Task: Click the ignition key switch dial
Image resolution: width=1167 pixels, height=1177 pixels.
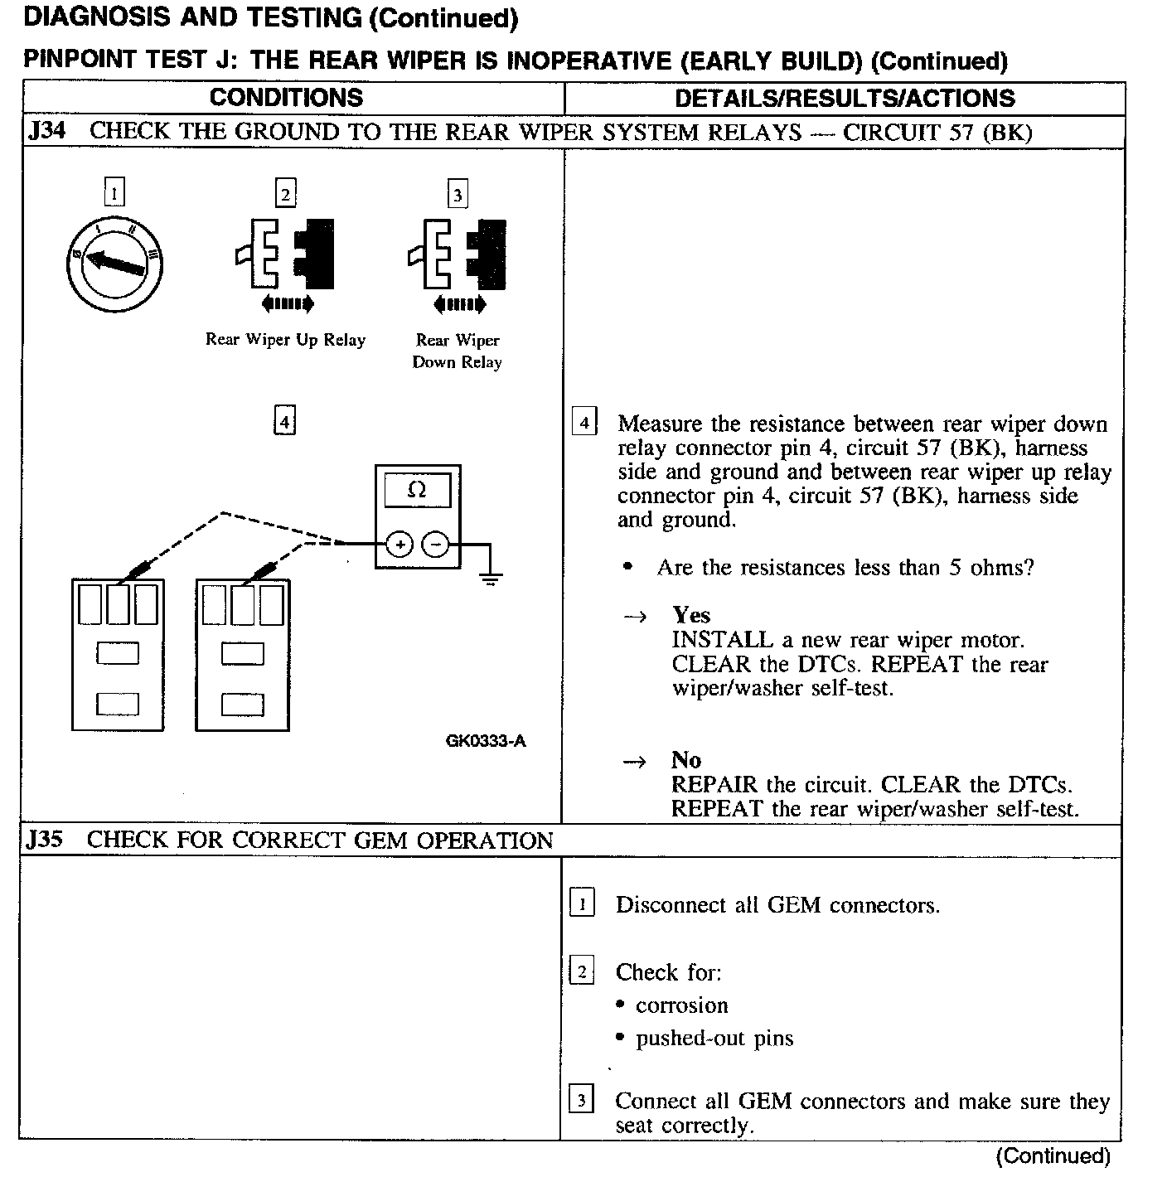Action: click(x=114, y=262)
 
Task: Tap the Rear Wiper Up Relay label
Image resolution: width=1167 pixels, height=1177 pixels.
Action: click(x=285, y=340)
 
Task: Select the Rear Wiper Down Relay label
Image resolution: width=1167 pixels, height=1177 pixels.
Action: click(x=458, y=351)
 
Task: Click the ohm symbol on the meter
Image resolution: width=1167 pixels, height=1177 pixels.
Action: click(x=418, y=490)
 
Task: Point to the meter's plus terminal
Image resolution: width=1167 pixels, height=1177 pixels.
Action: click(x=399, y=545)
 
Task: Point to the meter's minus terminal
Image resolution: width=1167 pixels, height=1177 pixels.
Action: click(x=436, y=545)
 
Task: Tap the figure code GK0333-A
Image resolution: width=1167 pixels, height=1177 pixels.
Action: click(x=485, y=741)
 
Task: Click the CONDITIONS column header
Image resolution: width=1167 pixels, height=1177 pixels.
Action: click(x=286, y=98)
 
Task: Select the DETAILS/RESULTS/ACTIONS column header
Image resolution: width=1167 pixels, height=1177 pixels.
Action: click(x=845, y=99)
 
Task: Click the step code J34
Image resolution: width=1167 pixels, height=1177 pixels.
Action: click(x=46, y=132)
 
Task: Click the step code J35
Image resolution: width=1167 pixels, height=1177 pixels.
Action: click(x=44, y=840)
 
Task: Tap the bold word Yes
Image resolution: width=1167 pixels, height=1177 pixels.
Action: click(x=691, y=615)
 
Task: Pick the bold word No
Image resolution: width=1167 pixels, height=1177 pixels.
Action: click(x=686, y=760)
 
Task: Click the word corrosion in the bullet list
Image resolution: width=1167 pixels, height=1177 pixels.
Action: click(x=681, y=1005)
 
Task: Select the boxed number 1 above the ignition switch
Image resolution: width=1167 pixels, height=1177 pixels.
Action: click(x=114, y=194)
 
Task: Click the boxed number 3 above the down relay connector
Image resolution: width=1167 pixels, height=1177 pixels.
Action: click(x=458, y=195)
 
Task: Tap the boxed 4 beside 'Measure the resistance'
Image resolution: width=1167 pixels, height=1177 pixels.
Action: click(x=584, y=423)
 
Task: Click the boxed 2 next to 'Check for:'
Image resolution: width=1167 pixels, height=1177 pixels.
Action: click(x=582, y=971)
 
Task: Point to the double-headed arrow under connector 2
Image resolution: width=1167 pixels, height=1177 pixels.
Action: click(x=288, y=304)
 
